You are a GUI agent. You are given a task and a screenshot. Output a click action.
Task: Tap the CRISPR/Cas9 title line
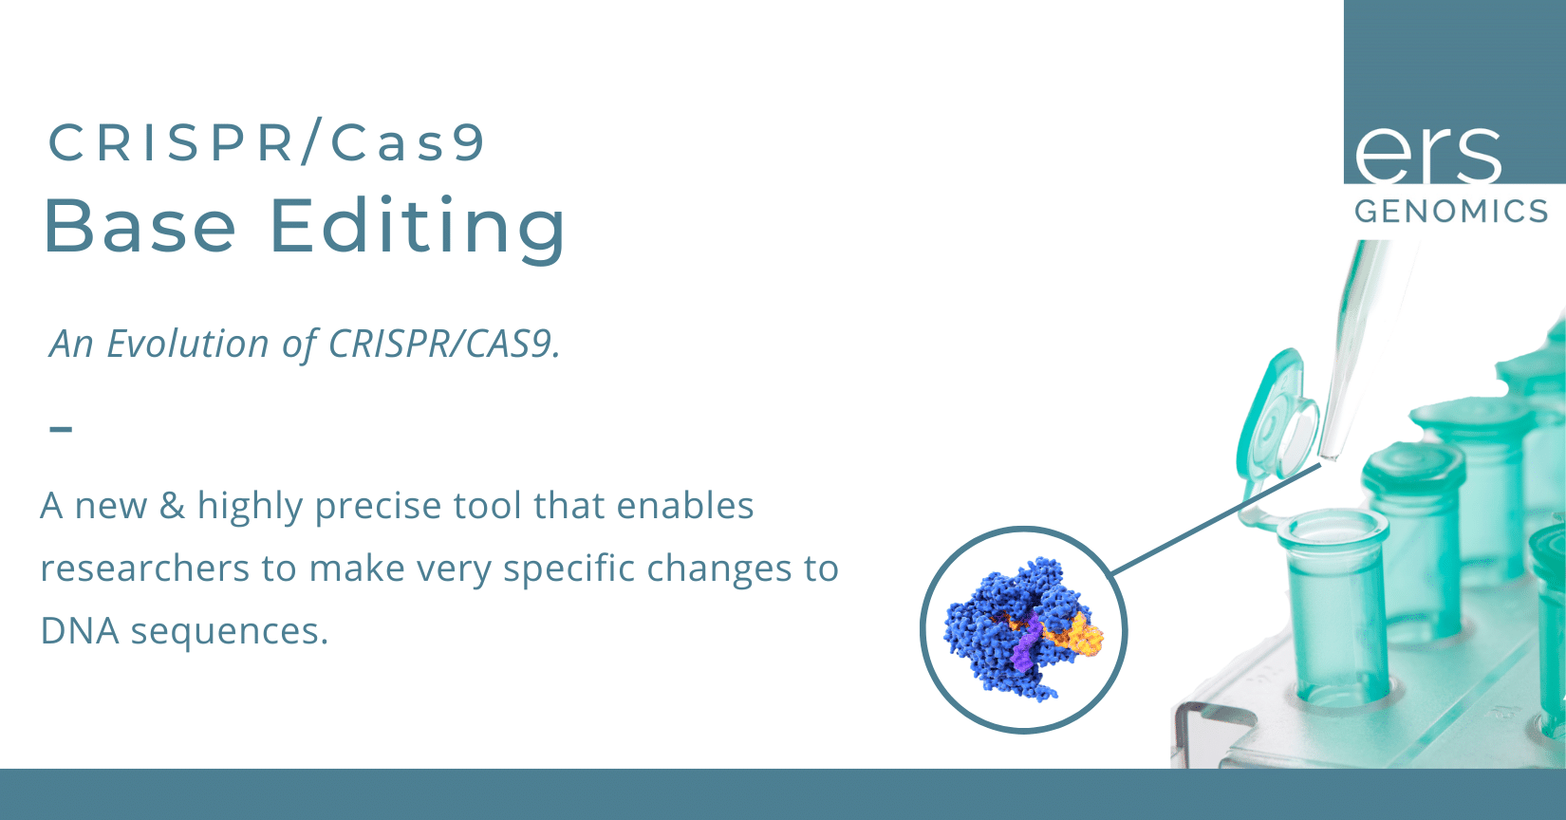click(x=267, y=143)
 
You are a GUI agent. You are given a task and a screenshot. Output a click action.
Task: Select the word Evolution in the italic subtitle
click(x=188, y=344)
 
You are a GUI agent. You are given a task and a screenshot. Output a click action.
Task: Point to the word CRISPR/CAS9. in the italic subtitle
click(x=444, y=344)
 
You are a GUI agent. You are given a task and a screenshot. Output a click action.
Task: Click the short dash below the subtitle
click(x=61, y=429)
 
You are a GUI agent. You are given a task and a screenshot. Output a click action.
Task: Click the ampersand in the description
click(x=172, y=506)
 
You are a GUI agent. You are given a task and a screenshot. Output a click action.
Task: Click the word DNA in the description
click(x=79, y=631)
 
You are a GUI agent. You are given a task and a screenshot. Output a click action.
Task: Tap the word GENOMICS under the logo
click(x=1451, y=211)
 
